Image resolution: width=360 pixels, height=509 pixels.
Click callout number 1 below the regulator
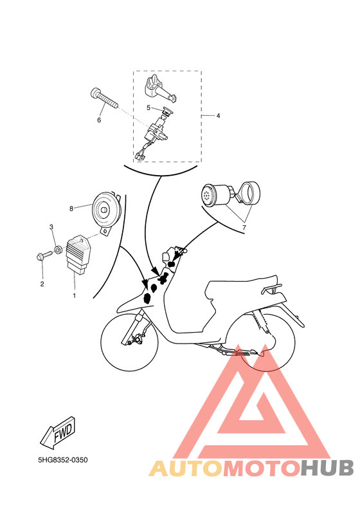(x=75, y=296)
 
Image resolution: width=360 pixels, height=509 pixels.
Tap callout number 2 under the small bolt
(x=42, y=284)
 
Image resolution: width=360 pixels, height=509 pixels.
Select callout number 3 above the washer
(x=51, y=227)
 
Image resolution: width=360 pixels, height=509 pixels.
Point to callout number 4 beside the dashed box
(x=219, y=116)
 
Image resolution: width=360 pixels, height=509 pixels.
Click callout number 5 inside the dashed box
(x=148, y=107)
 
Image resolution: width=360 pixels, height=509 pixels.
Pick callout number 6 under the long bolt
(x=99, y=120)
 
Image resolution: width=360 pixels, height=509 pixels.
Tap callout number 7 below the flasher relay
(x=244, y=228)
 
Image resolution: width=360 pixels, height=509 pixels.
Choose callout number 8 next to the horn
(x=71, y=208)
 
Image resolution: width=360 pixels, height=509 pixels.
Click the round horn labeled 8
(x=105, y=211)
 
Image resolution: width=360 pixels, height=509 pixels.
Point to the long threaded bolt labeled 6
(x=104, y=98)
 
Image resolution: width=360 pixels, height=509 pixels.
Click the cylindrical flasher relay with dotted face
(x=215, y=195)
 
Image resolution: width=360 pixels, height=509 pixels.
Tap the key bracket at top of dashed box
(x=159, y=88)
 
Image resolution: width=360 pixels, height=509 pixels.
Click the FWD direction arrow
(x=59, y=433)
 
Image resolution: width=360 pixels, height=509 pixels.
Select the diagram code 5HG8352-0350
(x=63, y=460)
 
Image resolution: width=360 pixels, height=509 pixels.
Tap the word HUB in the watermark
(x=327, y=468)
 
